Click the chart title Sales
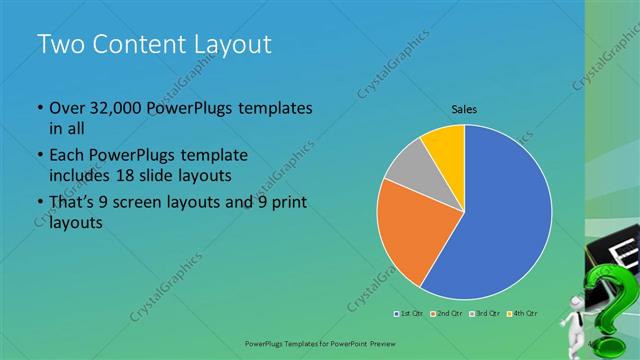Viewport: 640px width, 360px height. tap(465, 108)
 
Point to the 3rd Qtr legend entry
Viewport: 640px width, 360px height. tap(487, 315)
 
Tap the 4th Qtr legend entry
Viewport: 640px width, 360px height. tap(524, 315)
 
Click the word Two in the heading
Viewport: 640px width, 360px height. tap(59, 44)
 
